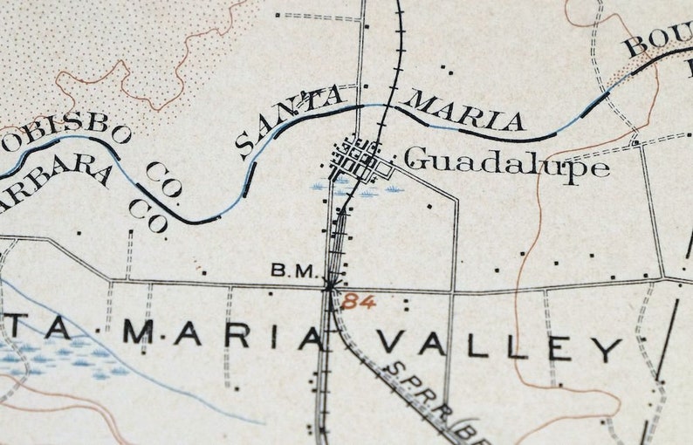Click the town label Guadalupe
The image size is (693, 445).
[507, 161]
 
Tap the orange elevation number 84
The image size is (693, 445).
[355, 302]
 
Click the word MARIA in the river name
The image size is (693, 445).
[465, 112]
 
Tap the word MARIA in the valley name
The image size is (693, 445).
[222, 334]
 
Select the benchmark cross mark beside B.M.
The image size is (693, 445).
[329, 282]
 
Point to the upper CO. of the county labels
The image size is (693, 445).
[161, 180]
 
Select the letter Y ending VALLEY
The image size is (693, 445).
[608, 349]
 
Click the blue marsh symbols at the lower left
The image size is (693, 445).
[61, 359]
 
